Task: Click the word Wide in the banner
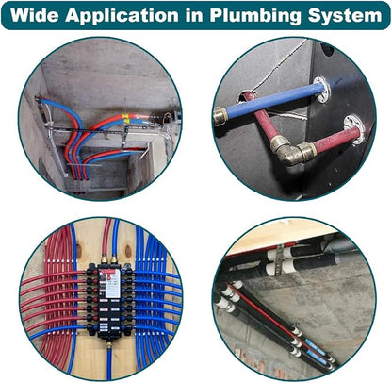tap(34, 15)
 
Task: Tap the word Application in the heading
tap(122, 16)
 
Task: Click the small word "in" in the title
tap(194, 15)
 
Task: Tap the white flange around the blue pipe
tap(321, 90)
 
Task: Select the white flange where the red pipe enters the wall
tap(354, 130)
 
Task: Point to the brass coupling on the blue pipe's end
tap(220, 116)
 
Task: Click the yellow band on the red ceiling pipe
tap(125, 117)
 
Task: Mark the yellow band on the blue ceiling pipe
tap(127, 122)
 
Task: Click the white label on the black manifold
tap(112, 284)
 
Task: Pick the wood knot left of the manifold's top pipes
tap(78, 251)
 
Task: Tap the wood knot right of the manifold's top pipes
tap(128, 252)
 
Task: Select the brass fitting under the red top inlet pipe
tap(104, 260)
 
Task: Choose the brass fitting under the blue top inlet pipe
tap(114, 260)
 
